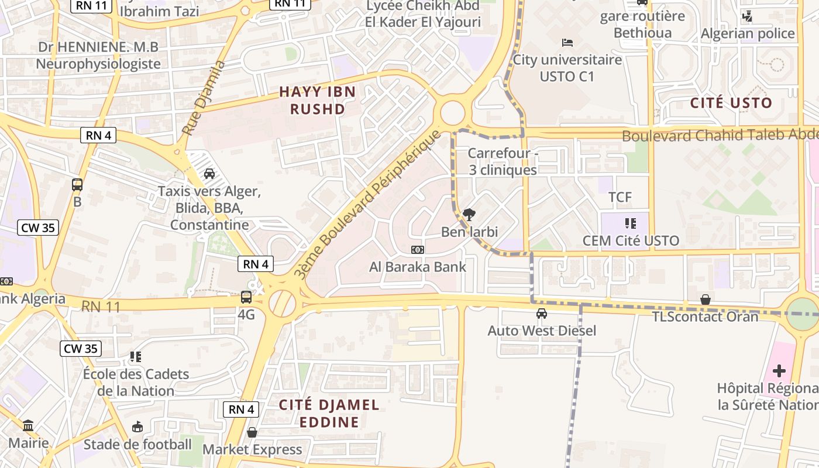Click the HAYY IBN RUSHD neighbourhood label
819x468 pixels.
click(317, 100)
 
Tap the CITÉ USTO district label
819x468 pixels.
click(731, 103)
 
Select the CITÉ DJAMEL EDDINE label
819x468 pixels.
click(329, 413)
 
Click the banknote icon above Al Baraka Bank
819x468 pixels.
click(417, 250)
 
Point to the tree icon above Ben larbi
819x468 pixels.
click(469, 215)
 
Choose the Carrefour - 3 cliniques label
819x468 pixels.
click(503, 161)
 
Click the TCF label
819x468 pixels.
click(620, 197)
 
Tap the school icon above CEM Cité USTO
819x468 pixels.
click(630, 223)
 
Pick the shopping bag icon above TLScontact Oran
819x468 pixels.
click(706, 300)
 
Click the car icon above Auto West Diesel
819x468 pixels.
click(542, 314)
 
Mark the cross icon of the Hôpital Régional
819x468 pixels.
click(779, 370)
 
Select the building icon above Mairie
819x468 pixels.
click(28, 425)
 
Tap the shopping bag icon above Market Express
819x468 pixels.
click(252, 432)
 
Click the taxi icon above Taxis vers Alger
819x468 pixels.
click(209, 174)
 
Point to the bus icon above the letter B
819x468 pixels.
click(77, 185)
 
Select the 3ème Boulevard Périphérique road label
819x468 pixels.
click(367, 204)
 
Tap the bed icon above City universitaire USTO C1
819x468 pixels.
click(567, 42)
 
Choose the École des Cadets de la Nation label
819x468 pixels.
click(136, 382)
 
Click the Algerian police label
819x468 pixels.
click(748, 33)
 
